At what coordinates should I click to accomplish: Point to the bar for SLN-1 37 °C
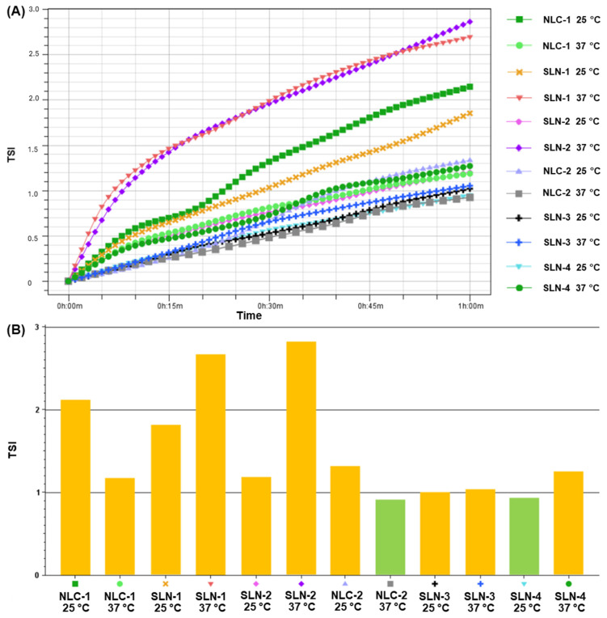(x=210, y=464)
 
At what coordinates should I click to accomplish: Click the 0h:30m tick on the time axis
(x=269, y=307)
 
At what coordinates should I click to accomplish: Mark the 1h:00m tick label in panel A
(x=470, y=307)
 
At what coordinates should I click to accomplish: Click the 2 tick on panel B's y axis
(x=37, y=410)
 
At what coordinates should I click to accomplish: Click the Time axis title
(x=249, y=316)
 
